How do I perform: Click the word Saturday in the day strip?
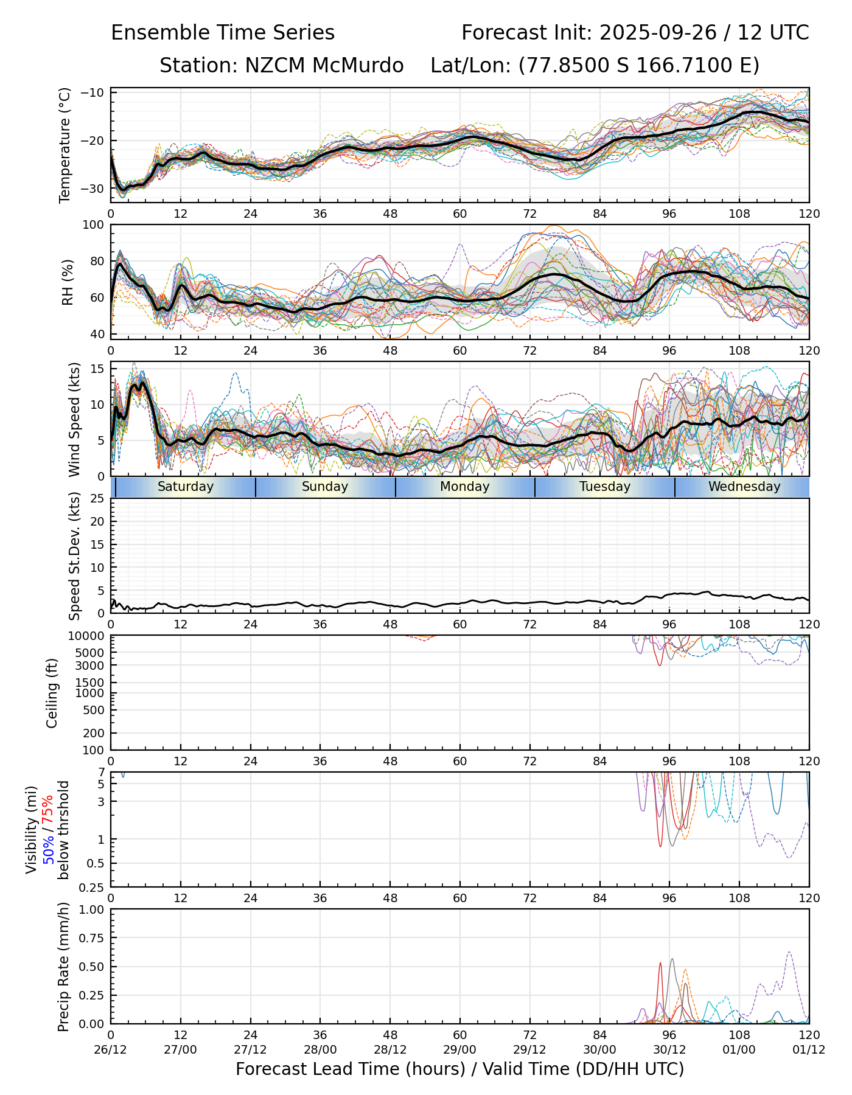tap(186, 487)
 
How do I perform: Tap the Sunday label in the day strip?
tap(325, 487)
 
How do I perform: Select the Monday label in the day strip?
tap(465, 487)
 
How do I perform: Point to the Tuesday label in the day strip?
tap(605, 487)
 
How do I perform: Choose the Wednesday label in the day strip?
tap(744, 487)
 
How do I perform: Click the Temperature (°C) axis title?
tap(65, 145)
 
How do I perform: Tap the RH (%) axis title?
tap(68, 282)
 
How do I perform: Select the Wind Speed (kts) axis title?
tap(74, 419)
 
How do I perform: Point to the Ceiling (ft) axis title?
tap(52, 693)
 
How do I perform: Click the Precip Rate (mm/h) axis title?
tap(63, 967)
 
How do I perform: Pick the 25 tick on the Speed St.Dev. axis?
tap(97, 499)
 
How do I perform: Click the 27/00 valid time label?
tap(180, 1049)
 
